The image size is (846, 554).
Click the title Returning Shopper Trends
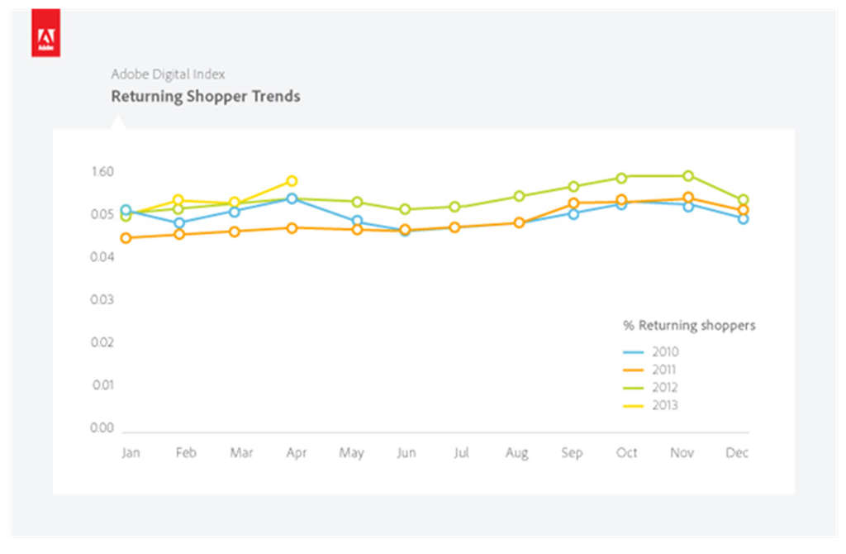[x=206, y=97]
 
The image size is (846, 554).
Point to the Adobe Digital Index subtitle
[x=168, y=74]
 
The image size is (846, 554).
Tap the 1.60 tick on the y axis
[x=102, y=172]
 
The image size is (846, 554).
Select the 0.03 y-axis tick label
[x=102, y=299]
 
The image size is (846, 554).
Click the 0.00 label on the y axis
[x=102, y=428]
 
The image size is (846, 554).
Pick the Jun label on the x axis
[x=406, y=453]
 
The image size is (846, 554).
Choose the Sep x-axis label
[x=572, y=453]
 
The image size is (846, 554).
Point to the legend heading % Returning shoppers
[x=689, y=326]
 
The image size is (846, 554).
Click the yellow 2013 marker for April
[x=292, y=181]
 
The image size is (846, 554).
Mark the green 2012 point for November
[x=688, y=175]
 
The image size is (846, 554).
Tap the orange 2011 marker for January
[x=126, y=238]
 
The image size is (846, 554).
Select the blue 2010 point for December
[x=744, y=218]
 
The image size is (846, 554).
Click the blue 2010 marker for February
[x=179, y=222]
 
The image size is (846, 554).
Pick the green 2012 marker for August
[x=519, y=196]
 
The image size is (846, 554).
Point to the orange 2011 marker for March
[x=235, y=232]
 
